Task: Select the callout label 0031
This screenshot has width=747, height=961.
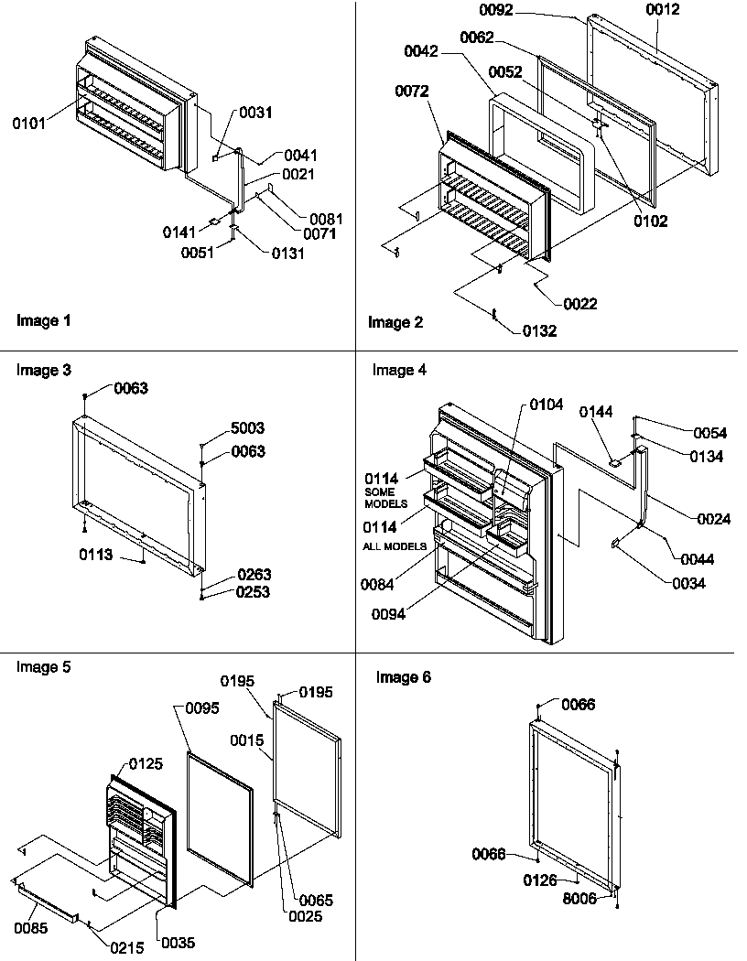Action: click(x=256, y=113)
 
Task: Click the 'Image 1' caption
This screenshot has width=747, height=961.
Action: click(x=43, y=321)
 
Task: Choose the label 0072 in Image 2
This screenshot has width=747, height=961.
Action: click(x=414, y=91)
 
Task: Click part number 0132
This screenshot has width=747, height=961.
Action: click(x=539, y=331)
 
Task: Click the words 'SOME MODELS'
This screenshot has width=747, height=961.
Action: click(x=385, y=498)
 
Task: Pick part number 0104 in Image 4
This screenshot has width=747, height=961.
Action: click(x=545, y=404)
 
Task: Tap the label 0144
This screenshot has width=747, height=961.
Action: click(x=596, y=414)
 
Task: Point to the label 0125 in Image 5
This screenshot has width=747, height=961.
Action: click(x=147, y=763)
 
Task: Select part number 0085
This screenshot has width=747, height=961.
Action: click(x=32, y=929)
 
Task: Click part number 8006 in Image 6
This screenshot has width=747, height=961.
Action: click(x=580, y=899)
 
